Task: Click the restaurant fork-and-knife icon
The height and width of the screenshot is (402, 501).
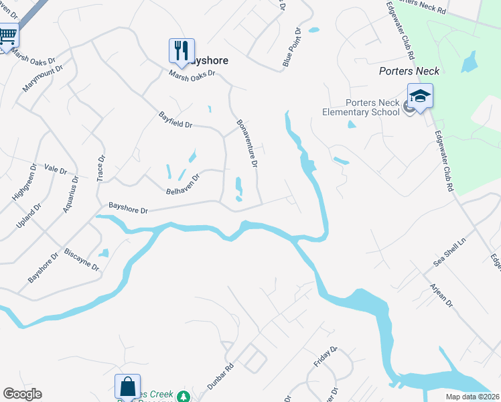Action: (181, 50)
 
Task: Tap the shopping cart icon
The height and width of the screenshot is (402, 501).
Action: (8, 34)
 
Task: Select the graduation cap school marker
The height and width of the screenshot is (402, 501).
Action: (420, 96)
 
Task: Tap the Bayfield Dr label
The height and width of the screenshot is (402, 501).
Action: (175, 120)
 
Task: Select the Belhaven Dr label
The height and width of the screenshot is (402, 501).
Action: (183, 185)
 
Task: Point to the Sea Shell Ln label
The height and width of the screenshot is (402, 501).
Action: (449, 255)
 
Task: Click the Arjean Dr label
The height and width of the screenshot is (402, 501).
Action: (441, 294)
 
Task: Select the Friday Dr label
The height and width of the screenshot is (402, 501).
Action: (326, 357)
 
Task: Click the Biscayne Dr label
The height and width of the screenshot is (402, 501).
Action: (81, 259)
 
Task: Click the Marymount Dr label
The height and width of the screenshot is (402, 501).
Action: (42, 78)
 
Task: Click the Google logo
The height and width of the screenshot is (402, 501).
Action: (22, 394)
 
